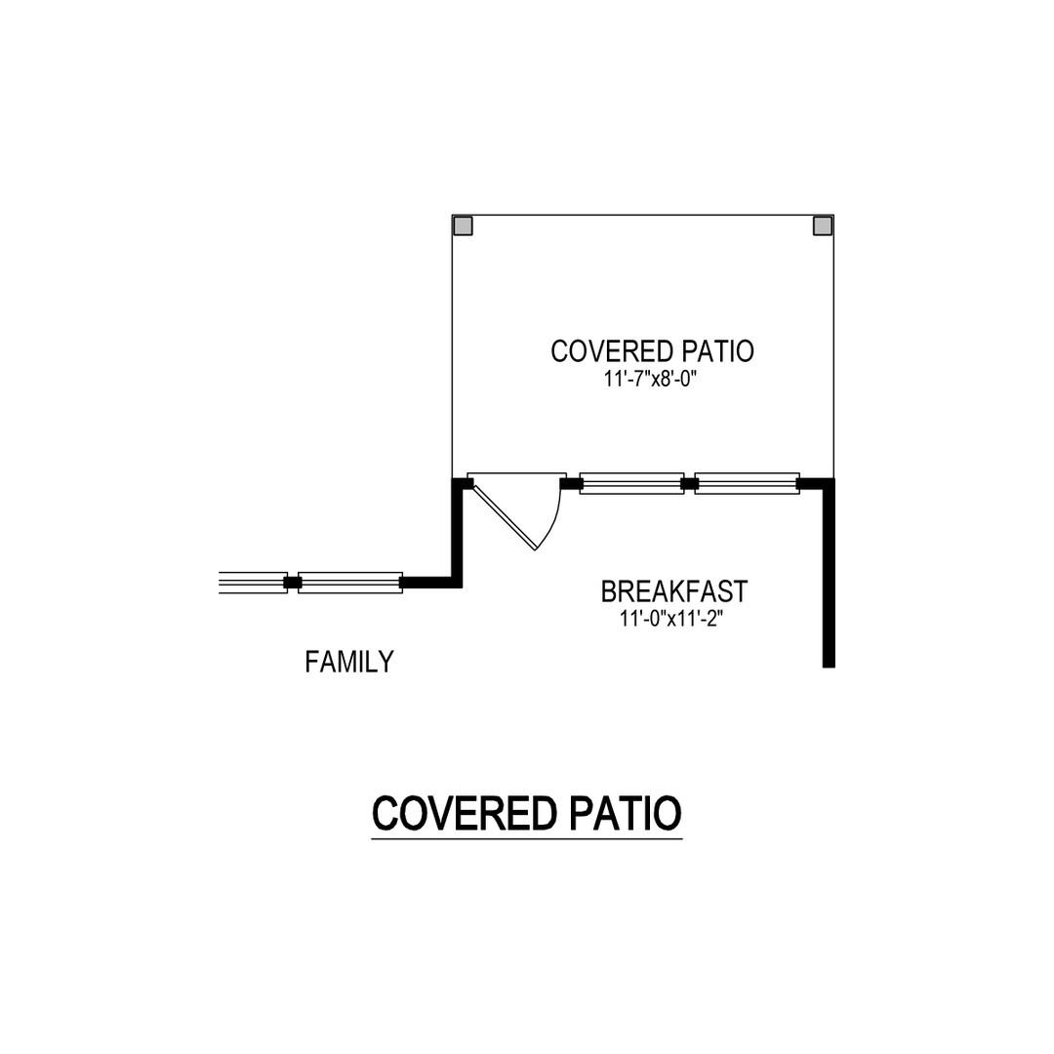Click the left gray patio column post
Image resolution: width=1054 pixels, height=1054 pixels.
(463, 225)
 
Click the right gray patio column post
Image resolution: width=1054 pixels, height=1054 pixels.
(823, 225)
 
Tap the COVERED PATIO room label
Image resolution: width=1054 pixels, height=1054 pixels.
(652, 351)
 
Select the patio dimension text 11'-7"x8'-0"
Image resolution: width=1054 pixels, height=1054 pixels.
(649, 380)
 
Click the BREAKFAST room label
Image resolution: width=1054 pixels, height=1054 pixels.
(673, 591)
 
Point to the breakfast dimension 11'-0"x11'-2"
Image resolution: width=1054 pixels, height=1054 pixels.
(671, 619)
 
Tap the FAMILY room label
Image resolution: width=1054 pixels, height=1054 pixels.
(348, 662)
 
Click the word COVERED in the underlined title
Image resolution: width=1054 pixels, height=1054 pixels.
(465, 813)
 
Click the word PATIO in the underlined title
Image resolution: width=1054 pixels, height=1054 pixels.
(626, 813)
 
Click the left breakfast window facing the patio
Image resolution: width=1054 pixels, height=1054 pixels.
(631, 483)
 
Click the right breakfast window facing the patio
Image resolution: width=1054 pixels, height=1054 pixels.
(747, 483)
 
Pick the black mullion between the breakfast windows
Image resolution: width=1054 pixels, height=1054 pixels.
(690, 483)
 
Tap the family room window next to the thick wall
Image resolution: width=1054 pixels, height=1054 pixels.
(350, 583)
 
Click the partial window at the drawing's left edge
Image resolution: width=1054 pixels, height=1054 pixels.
(253, 583)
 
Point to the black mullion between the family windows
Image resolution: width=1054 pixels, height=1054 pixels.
(293, 583)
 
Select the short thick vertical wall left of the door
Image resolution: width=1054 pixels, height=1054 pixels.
(457, 533)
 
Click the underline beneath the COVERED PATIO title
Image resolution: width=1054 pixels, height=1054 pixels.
(527, 838)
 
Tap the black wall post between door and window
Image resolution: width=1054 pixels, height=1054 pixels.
(571, 483)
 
